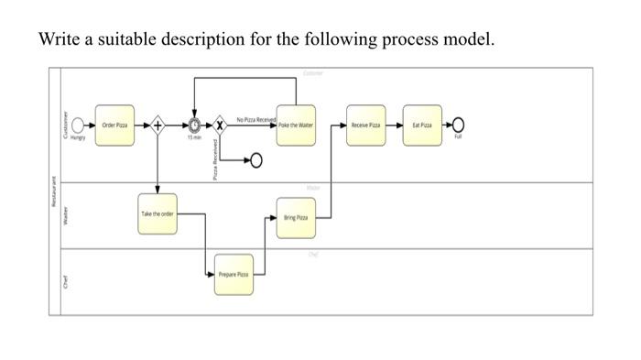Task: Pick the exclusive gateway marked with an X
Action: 219,124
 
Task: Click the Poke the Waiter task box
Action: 296,124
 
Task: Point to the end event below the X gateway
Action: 255,161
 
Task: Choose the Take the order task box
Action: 158,213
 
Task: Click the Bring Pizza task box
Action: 296,219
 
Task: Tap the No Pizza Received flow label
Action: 256,118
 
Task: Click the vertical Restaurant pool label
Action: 53,192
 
